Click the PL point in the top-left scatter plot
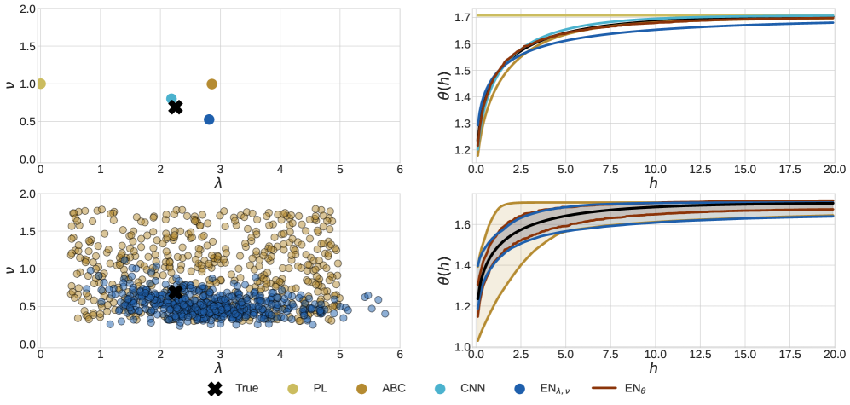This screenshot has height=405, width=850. [x=40, y=84]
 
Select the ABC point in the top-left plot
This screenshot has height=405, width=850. [x=212, y=84]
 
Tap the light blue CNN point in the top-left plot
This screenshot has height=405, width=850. [x=171, y=99]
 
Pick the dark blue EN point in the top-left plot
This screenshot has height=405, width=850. [x=209, y=119]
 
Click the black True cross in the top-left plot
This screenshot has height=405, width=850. [x=176, y=107]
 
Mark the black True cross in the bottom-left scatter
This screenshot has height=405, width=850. [x=176, y=292]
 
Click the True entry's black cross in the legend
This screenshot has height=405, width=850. [x=216, y=389]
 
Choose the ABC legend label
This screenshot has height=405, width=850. [x=394, y=389]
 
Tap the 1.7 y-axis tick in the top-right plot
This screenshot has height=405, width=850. [x=461, y=17]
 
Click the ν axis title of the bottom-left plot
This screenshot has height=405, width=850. [x=9, y=269]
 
